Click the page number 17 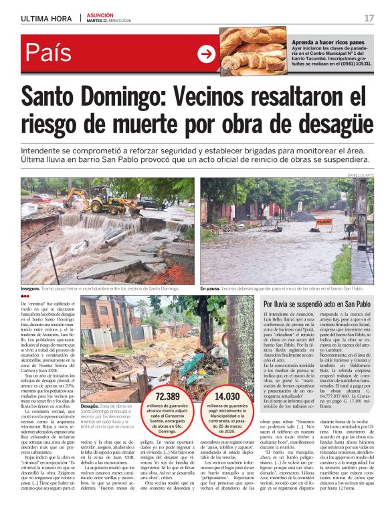(x=369, y=18)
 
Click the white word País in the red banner (x=48, y=54)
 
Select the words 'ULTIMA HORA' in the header (x=45, y=18)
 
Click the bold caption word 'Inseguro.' (x=31, y=288)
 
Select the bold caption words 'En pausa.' (x=213, y=288)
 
